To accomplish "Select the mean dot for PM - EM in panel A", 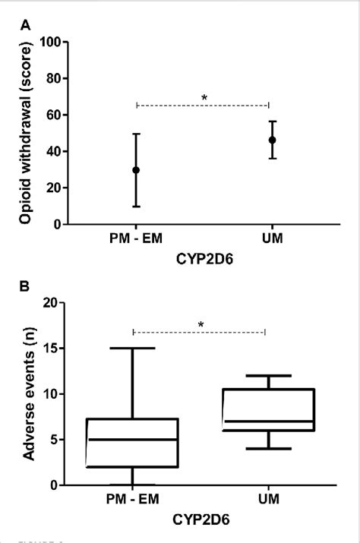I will point(136,170).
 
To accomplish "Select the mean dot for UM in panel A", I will point(272,140).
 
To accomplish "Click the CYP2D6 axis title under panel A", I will point(201,258).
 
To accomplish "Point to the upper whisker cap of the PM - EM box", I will point(133,349).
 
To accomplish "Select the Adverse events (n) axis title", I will point(31,394).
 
